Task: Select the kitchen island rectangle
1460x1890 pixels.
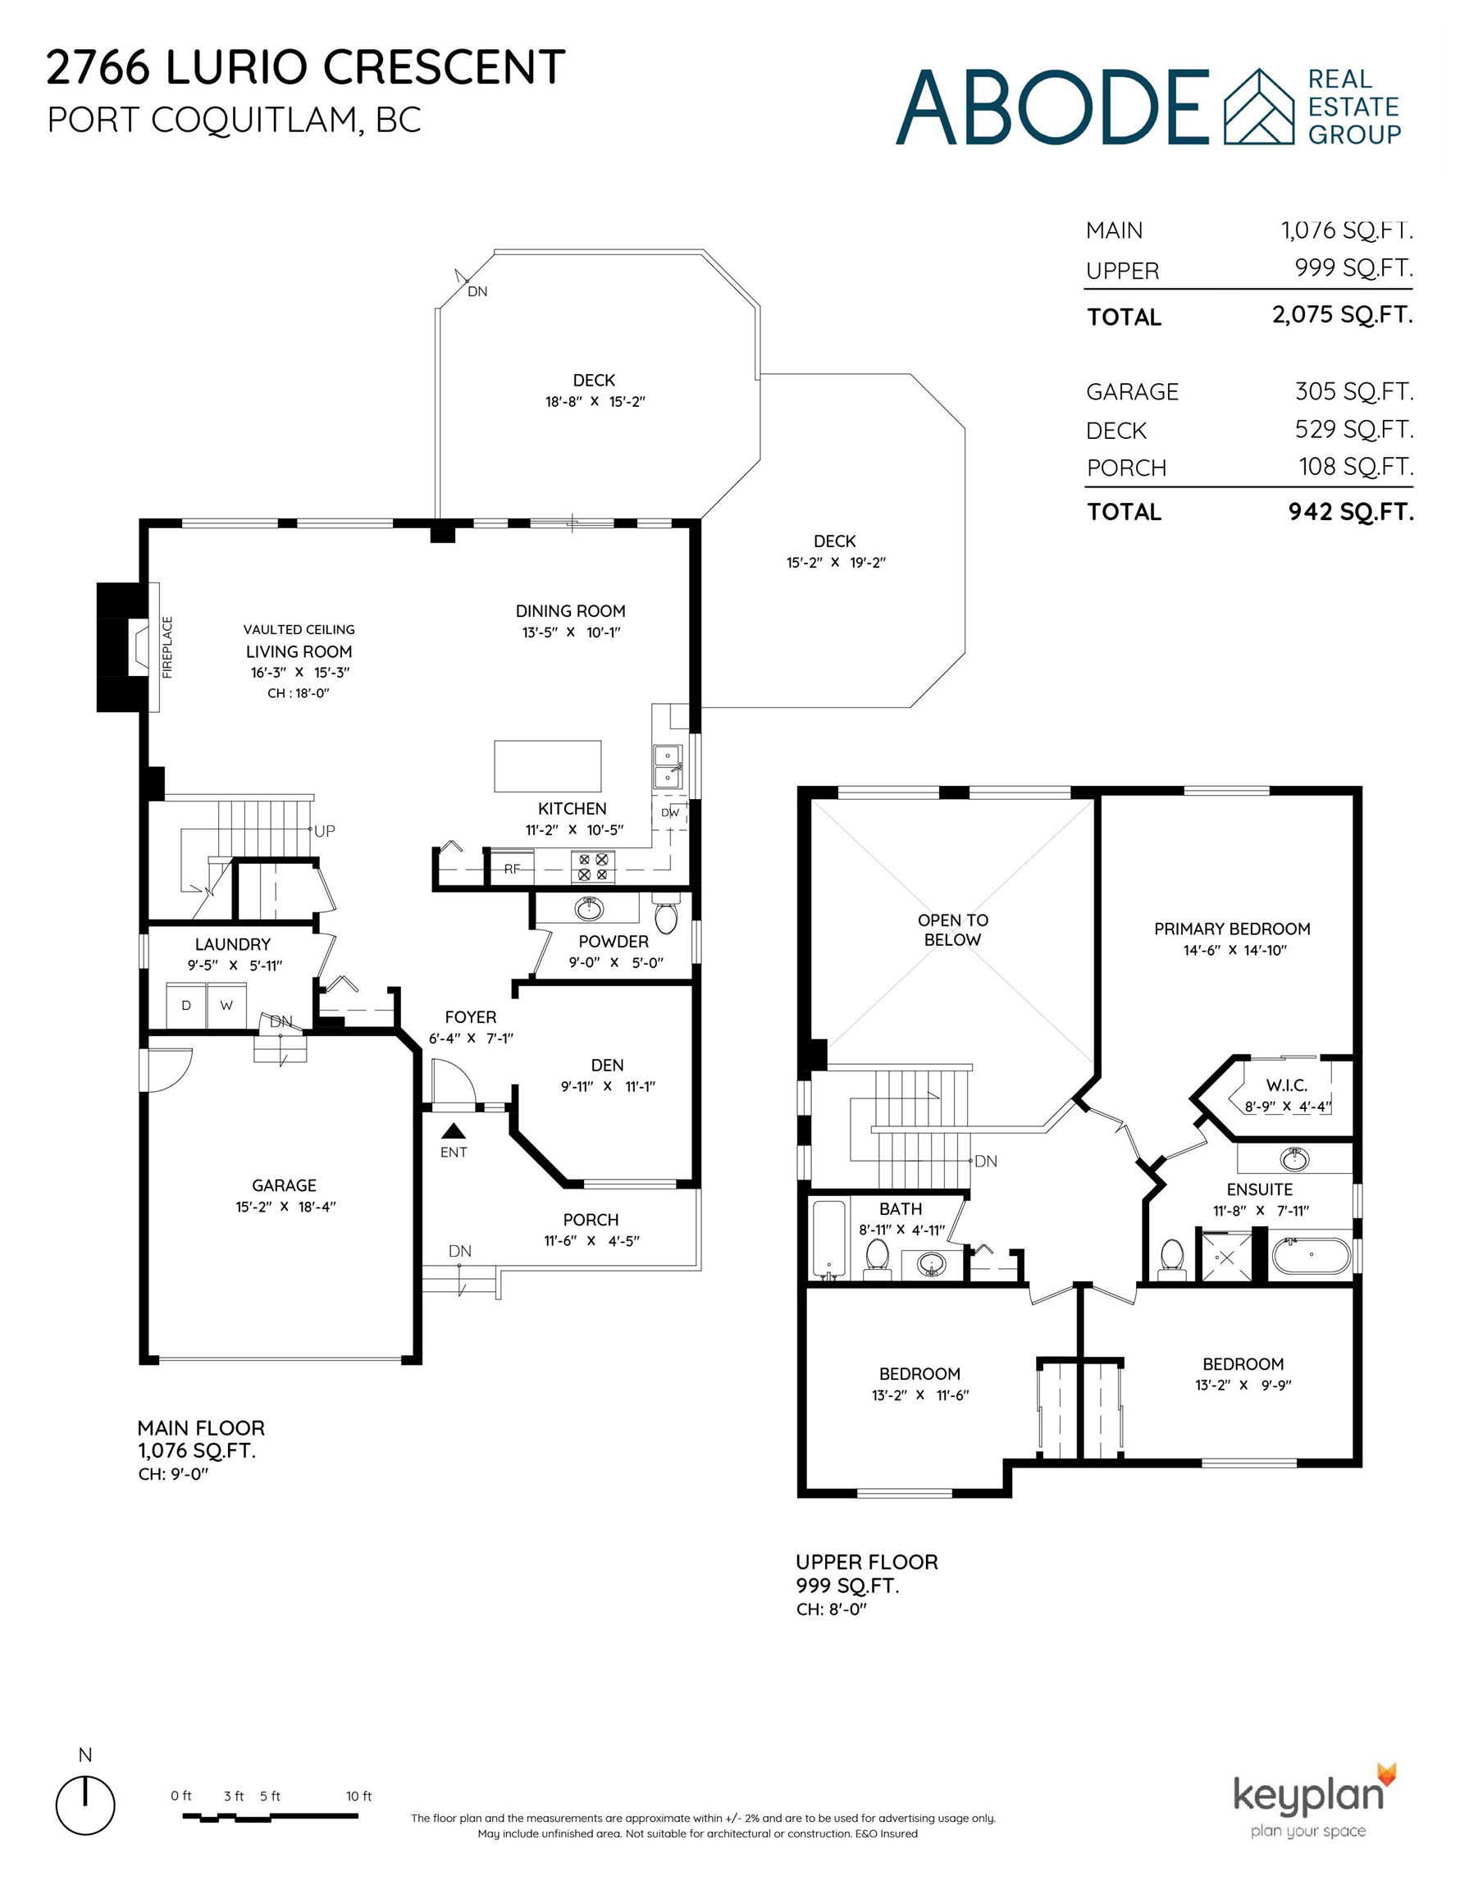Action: tap(547, 766)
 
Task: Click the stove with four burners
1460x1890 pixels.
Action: tap(593, 867)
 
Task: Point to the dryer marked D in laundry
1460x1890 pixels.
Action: tap(186, 1005)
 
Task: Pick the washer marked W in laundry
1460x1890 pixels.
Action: tap(226, 1005)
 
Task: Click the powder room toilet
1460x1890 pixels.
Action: tap(666, 916)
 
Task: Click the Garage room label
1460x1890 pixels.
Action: tap(284, 1185)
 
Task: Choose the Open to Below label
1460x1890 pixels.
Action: tap(953, 929)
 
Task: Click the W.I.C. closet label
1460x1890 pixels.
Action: tap(1287, 1085)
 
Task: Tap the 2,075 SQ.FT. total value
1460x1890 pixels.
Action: tap(1343, 314)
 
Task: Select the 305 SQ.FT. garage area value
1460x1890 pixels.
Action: tap(1354, 391)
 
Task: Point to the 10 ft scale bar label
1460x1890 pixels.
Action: tap(359, 1796)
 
